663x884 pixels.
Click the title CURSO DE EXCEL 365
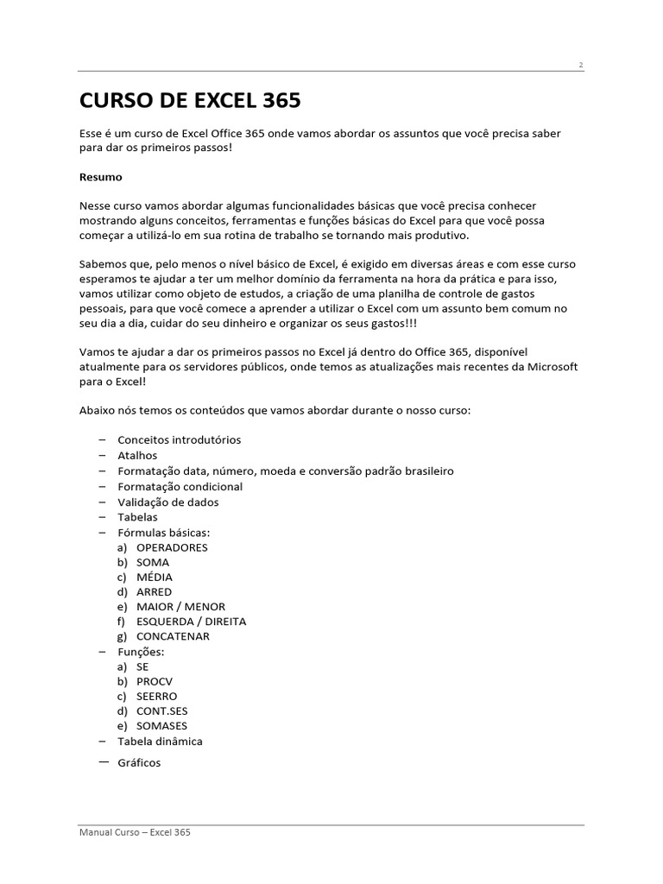coord(190,101)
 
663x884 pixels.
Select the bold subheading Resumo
coord(101,177)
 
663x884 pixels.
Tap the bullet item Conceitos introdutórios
coord(179,439)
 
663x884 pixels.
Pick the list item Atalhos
coord(137,455)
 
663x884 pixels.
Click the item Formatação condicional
coord(180,486)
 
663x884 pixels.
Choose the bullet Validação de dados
coord(168,502)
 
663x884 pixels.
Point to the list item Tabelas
coord(137,517)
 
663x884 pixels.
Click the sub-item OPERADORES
coord(172,547)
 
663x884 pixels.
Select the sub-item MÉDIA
coord(154,577)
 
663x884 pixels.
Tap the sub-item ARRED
coord(154,591)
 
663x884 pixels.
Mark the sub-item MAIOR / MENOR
coord(180,607)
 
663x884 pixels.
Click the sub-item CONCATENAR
coord(173,636)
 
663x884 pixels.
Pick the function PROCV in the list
coord(155,681)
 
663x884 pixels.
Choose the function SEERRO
coord(156,696)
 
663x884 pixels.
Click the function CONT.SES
coord(161,711)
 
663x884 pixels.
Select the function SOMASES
coord(161,726)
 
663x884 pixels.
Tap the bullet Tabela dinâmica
coord(161,741)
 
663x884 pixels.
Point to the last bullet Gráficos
coord(139,763)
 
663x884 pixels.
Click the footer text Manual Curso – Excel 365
coord(134,832)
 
